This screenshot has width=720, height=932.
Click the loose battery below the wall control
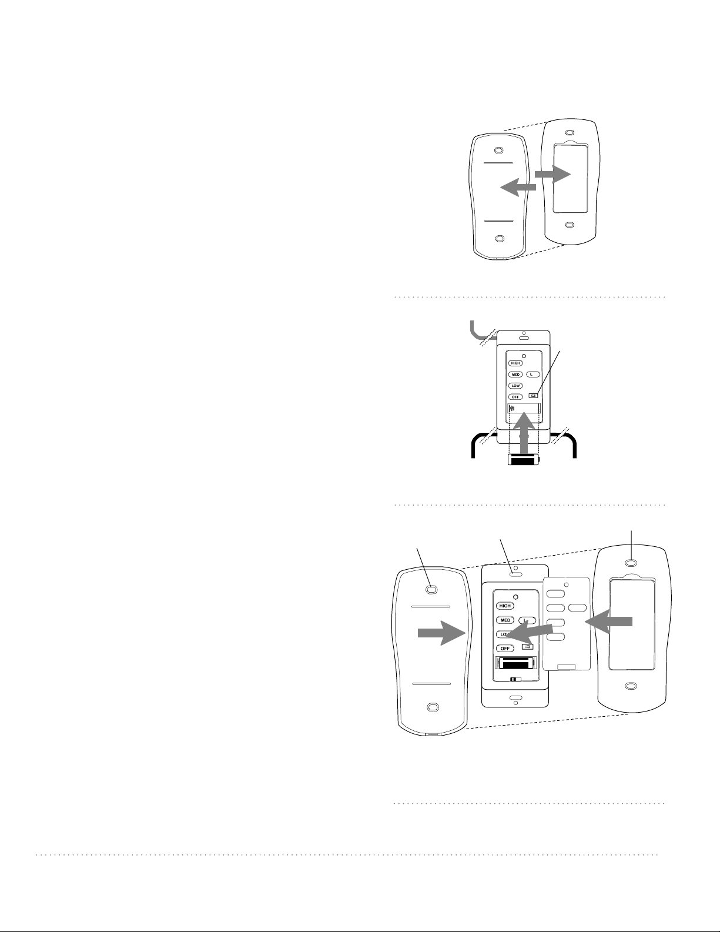(523, 460)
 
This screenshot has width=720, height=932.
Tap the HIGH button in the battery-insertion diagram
(515, 363)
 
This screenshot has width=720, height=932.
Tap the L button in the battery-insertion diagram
(533, 375)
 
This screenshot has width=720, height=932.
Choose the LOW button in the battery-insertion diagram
(515, 386)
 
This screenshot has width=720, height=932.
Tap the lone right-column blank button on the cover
(577, 608)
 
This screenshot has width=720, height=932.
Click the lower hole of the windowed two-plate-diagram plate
(570, 225)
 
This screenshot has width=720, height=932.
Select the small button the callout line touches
(534, 396)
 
